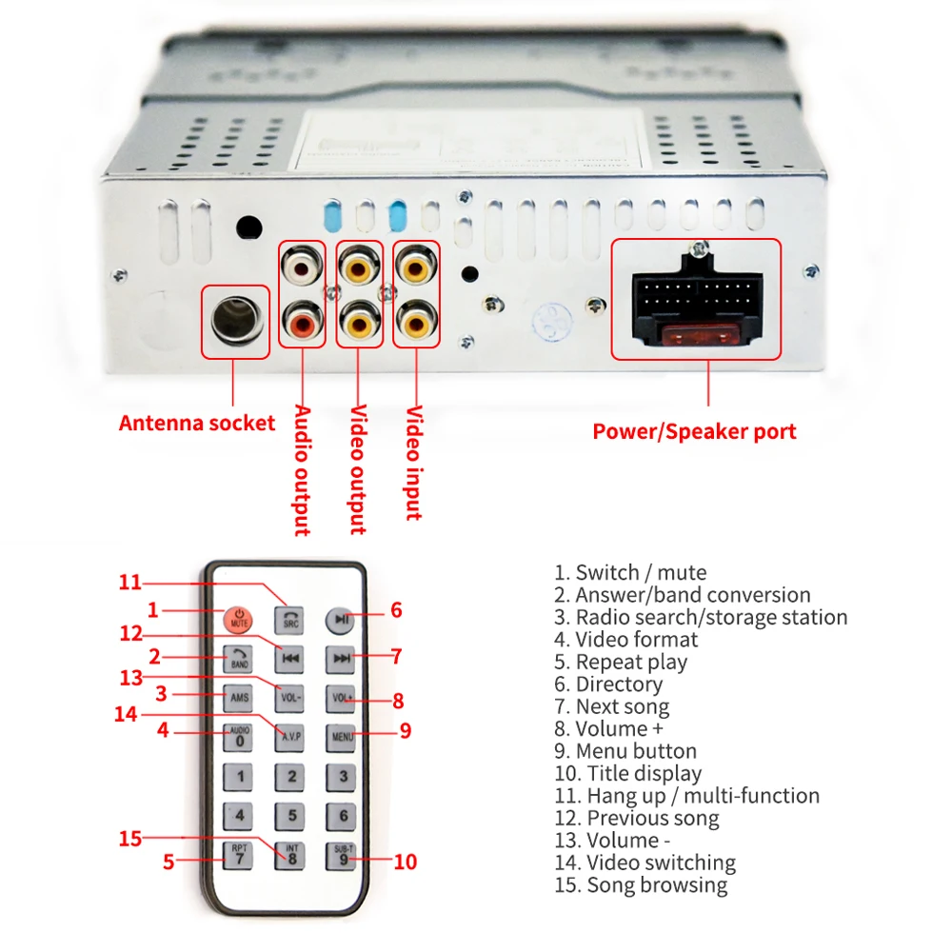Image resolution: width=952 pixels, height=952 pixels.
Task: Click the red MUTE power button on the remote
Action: pos(239,619)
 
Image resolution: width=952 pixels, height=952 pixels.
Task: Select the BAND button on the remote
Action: pos(239,658)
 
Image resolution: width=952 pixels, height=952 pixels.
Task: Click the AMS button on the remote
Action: pos(239,697)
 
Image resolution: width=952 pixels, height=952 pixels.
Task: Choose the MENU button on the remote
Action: pos(342,735)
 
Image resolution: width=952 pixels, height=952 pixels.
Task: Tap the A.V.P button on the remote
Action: pos(290,735)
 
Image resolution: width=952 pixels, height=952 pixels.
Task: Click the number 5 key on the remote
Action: pos(291,815)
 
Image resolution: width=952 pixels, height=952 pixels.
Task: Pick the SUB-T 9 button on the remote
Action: pos(343,854)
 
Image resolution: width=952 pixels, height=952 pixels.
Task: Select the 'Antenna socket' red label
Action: pos(197,423)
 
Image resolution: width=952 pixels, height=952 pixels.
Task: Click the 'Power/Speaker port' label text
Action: pos(694,431)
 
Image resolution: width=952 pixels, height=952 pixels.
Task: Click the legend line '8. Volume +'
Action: pos(619,729)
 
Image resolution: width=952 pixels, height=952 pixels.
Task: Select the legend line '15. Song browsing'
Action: pos(641,885)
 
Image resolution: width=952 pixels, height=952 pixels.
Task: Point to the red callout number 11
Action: pos(129,583)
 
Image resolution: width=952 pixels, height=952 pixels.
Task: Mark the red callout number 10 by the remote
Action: pos(406,862)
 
